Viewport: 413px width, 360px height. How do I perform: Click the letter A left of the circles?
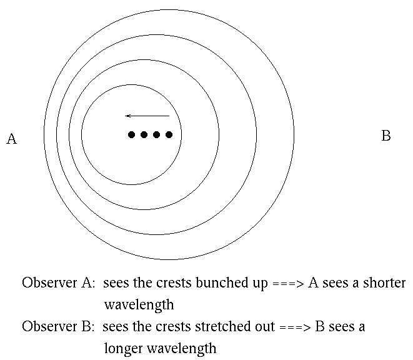(x=11, y=139)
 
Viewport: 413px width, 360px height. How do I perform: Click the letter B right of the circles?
(x=386, y=136)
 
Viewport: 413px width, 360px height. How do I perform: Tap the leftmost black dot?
(x=131, y=134)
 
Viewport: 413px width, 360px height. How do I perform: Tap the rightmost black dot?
(x=169, y=134)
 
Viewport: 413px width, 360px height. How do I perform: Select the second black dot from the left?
(x=144, y=134)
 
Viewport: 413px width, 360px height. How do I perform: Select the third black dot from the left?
(x=156, y=134)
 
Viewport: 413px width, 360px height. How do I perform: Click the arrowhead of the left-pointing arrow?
(x=127, y=116)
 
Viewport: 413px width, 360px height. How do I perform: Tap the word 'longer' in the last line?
(x=126, y=348)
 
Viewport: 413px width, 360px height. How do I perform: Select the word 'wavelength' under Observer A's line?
(x=139, y=305)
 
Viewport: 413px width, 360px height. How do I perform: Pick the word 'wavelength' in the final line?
(x=185, y=348)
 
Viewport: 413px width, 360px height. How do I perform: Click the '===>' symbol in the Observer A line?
(x=287, y=283)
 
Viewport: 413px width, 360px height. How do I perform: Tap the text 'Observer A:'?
(x=58, y=282)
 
